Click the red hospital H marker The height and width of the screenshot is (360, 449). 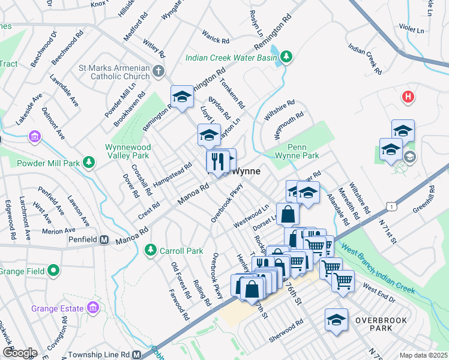click(x=408, y=97)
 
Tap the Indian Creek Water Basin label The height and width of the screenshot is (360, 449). click(x=231, y=58)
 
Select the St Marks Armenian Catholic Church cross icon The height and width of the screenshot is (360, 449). click(x=158, y=71)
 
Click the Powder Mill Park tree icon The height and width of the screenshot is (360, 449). click(x=89, y=161)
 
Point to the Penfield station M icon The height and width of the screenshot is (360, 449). click(x=104, y=240)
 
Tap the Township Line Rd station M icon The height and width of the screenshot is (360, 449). click(x=137, y=355)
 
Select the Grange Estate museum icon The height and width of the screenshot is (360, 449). click(x=92, y=308)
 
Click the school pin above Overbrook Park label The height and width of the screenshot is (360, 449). click(x=336, y=319)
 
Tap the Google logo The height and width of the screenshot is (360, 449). click(x=19, y=353)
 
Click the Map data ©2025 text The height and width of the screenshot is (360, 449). click(x=423, y=355)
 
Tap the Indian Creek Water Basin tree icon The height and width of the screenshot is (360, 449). click(x=287, y=56)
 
